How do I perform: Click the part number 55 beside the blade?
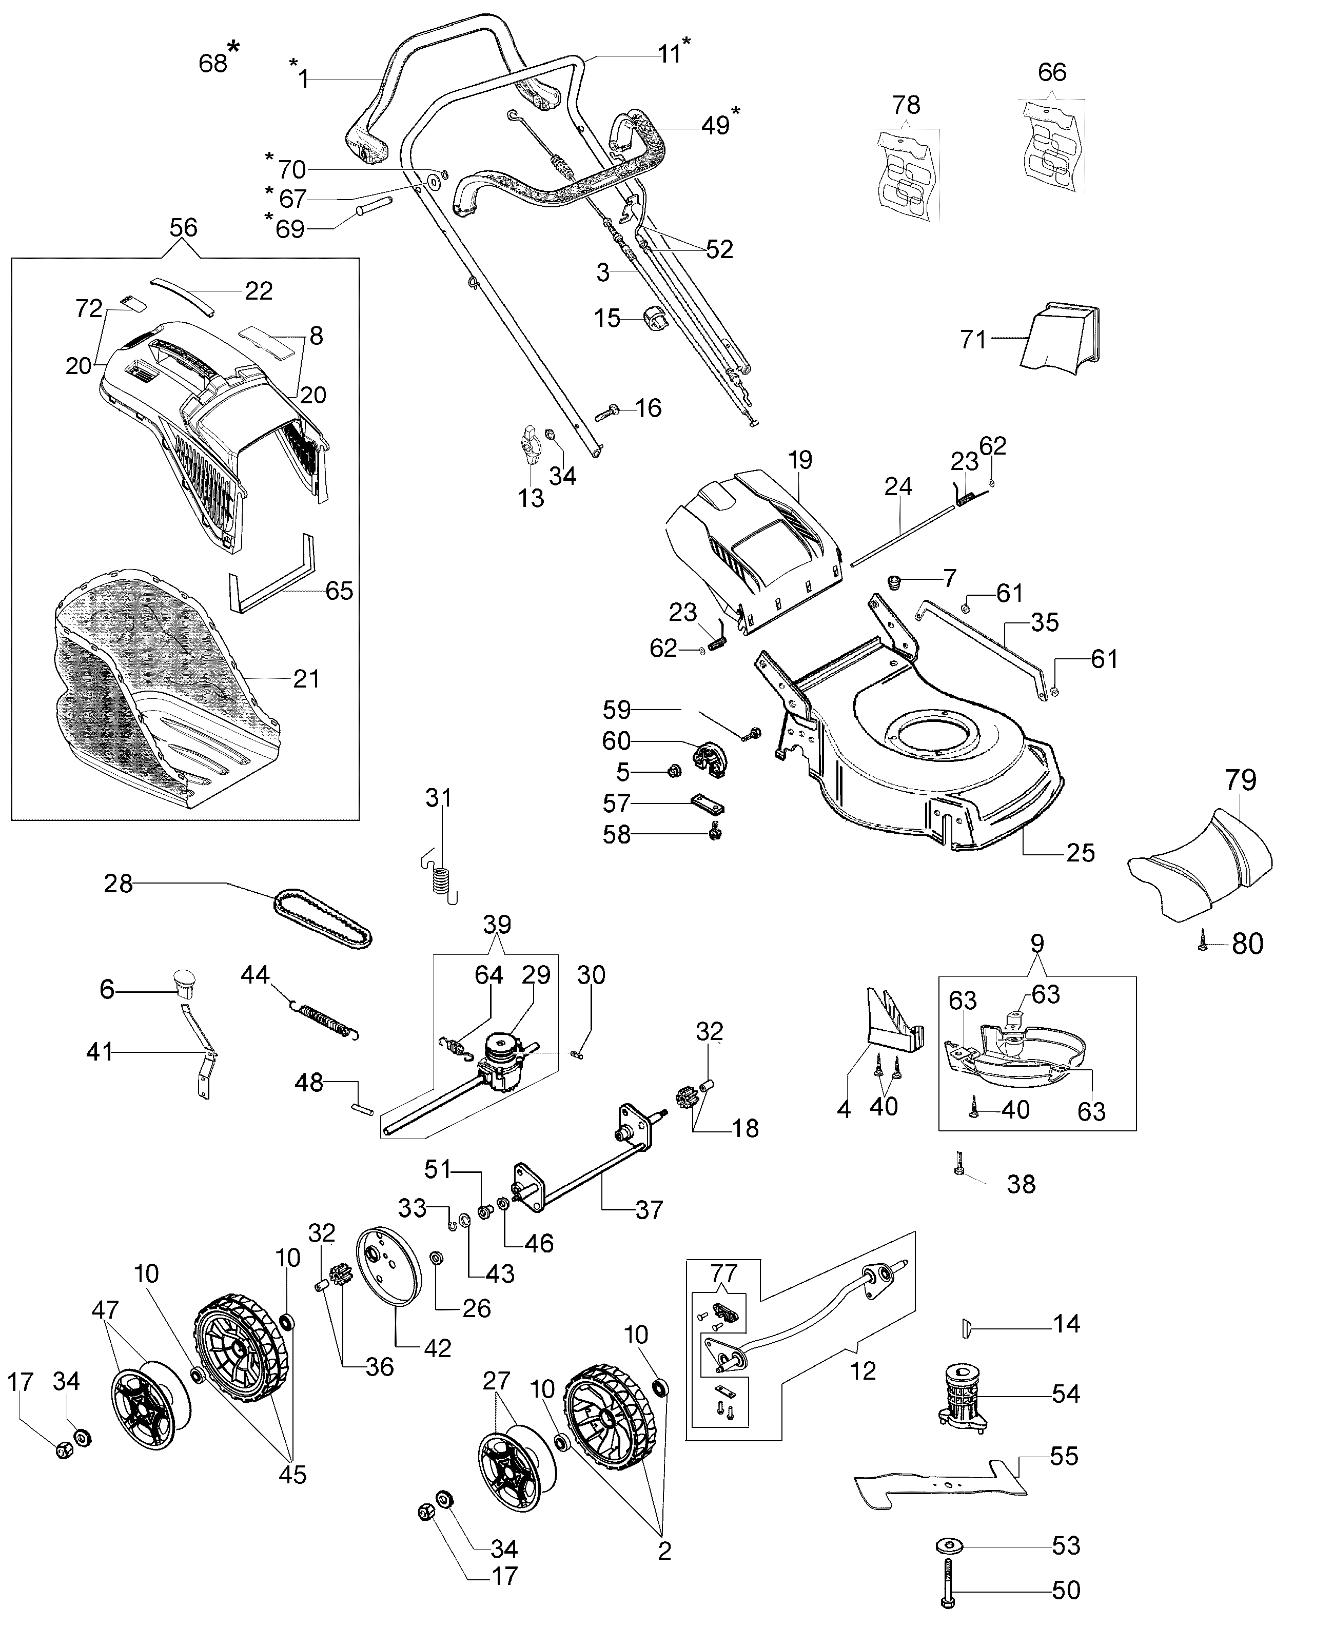1064,1456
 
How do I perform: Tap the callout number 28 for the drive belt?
118,884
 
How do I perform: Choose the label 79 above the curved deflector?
1241,779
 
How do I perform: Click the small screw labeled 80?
1203,945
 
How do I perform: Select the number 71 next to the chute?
973,339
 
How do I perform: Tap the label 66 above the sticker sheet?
1052,72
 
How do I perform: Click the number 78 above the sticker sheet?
906,105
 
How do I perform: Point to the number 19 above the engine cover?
799,460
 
